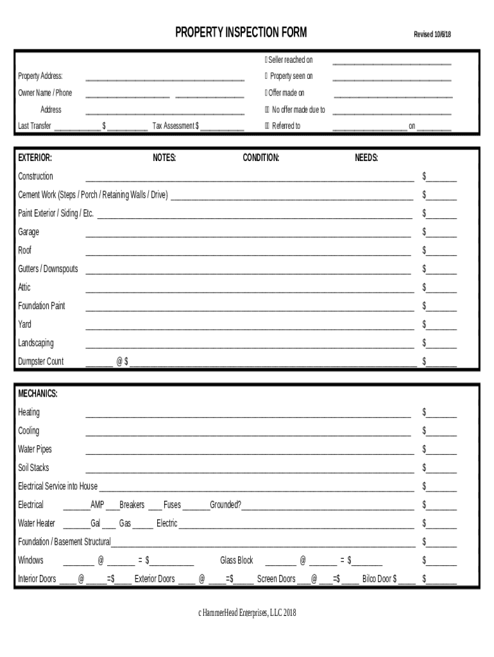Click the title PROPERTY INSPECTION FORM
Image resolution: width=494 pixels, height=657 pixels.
tap(241, 33)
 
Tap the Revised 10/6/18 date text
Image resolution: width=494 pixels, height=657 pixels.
tap(432, 35)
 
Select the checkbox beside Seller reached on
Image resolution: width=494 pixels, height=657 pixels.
tap(266, 60)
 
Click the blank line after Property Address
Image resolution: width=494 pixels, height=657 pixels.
tap(165, 78)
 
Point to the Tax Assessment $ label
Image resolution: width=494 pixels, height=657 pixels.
tap(175, 126)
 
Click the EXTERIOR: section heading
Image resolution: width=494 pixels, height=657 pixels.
tap(35, 158)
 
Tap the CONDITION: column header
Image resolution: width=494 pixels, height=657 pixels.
tap(260, 158)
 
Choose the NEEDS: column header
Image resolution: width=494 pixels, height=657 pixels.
tap(366, 158)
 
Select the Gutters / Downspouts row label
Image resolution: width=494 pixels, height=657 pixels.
tap(48, 269)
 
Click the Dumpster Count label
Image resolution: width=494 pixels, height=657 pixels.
tap(41, 361)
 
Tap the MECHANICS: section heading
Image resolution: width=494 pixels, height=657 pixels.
tap(38, 394)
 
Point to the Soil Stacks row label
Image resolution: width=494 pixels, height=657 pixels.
tap(33, 468)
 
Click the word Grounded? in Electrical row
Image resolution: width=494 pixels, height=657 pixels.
tap(225, 505)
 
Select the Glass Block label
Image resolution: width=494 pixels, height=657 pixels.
tap(237, 561)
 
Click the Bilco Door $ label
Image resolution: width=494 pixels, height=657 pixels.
tap(379, 579)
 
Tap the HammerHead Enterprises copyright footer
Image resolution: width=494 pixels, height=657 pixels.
tap(247, 613)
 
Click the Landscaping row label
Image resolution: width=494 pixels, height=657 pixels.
tap(36, 343)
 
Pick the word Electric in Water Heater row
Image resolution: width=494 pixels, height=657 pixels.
tap(167, 524)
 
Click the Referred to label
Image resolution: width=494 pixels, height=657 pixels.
tap(286, 126)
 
